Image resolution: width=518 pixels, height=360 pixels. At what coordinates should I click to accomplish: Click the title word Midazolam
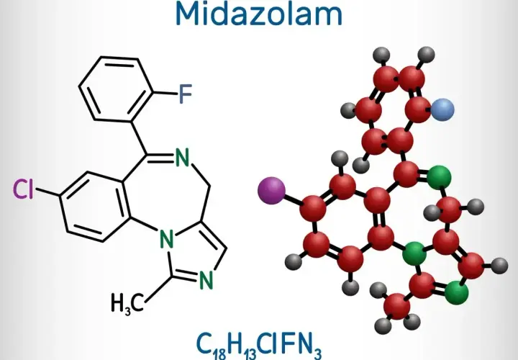259,13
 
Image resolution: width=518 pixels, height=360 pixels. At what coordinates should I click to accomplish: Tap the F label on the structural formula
186,94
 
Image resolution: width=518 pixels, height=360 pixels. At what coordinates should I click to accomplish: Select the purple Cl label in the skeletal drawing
23,189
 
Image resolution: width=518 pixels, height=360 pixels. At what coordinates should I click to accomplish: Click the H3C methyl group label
127,303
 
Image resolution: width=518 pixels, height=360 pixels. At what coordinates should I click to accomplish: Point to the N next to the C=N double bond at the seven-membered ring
182,158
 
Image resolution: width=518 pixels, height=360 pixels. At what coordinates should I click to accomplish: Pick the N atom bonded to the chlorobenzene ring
167,239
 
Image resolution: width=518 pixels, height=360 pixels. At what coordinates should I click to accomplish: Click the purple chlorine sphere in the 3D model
271,190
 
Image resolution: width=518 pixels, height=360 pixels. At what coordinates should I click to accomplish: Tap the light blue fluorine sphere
442,109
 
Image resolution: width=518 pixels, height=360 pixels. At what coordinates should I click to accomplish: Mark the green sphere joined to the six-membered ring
414,253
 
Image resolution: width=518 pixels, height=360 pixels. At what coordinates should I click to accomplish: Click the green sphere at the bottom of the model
457,292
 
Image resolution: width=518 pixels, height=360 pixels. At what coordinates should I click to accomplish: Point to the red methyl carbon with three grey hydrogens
397,306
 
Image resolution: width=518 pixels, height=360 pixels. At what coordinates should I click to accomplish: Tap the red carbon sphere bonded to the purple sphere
313,208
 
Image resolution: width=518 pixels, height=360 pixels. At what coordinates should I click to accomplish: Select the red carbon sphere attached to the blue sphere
418,109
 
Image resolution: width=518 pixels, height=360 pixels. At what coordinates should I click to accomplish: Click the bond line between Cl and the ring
48,193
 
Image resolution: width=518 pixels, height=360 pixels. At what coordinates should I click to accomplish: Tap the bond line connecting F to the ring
165,92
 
